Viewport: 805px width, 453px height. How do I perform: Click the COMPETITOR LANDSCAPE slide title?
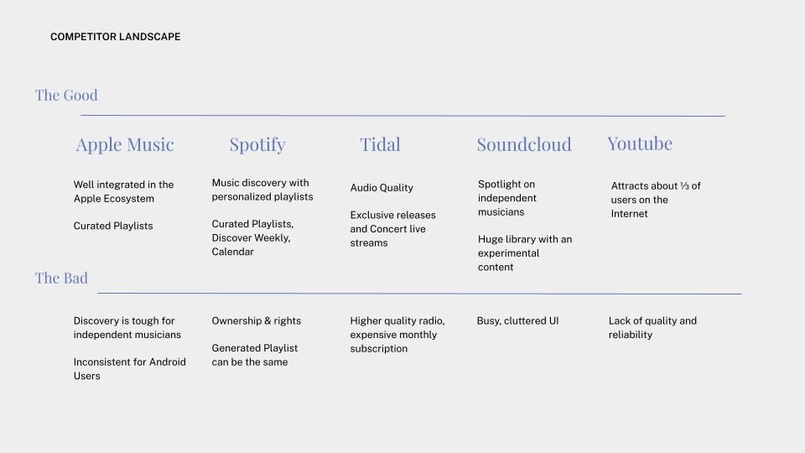pos(116,37)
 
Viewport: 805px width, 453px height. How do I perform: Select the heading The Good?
pos(66,95)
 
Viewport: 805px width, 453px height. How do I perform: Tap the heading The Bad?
pos(61,278)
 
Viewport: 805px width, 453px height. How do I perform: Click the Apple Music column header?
pos(125,145)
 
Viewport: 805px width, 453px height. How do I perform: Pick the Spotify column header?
pos(257,145)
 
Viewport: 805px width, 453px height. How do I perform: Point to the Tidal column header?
pos(380,144)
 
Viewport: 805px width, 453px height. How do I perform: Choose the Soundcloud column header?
pos(524,144)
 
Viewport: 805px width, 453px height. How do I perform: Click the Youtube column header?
pos(640,143)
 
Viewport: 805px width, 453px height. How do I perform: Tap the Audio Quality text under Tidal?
pos(382,188)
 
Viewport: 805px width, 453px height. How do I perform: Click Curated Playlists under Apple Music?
pos(113,226)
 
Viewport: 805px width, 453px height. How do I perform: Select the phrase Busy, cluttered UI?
pos(517,321)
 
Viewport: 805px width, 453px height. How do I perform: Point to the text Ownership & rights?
pos(257,321)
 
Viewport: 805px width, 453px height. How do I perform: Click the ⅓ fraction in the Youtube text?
pos(684,186)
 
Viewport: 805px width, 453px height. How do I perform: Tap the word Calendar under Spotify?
pos(232,252)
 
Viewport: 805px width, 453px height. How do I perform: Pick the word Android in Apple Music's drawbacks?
pos(168,362)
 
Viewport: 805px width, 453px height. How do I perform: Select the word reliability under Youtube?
pos(631,335)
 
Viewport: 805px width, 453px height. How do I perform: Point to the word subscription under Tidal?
pos(379,349)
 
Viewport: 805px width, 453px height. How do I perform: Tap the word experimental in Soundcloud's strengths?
pos(508,253)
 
